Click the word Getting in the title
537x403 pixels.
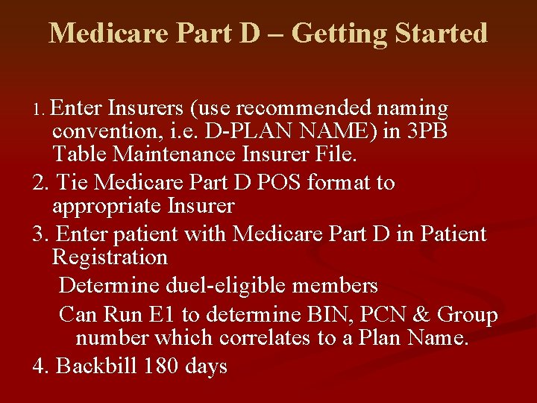point(338,34)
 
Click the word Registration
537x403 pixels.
point(110,258)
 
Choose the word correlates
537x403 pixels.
point(265,338)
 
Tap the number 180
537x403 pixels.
point(154,366)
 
